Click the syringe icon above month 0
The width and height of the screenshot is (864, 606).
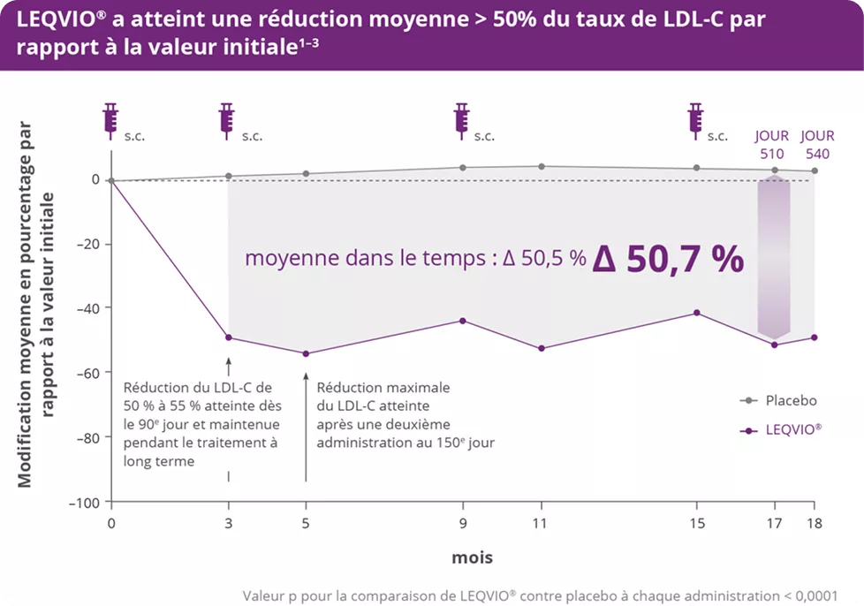110,117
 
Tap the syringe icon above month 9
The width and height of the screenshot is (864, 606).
461,117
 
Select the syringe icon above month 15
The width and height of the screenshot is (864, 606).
696,117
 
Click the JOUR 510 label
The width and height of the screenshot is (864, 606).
771,143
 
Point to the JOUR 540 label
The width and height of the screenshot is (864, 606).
817,143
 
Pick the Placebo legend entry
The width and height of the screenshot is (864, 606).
777,400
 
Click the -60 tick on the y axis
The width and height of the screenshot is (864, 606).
88,373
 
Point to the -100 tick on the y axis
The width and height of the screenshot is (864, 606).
85,502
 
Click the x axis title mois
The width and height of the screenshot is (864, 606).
472,557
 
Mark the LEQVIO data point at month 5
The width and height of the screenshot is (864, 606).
306,353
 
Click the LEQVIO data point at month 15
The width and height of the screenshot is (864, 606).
696,313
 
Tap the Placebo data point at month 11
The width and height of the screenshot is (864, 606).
541,166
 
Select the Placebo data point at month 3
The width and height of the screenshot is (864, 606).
229,176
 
